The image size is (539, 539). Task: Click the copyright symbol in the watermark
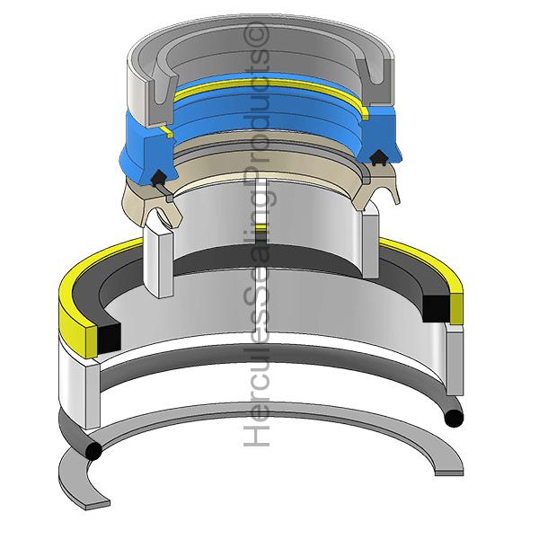pos(256,34)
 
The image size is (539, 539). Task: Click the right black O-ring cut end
pos(454,418)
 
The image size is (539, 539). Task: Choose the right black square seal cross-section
pos(436,308)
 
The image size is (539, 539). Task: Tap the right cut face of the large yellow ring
pos(455,308)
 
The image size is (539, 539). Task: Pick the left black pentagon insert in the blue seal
pos(158,176)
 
